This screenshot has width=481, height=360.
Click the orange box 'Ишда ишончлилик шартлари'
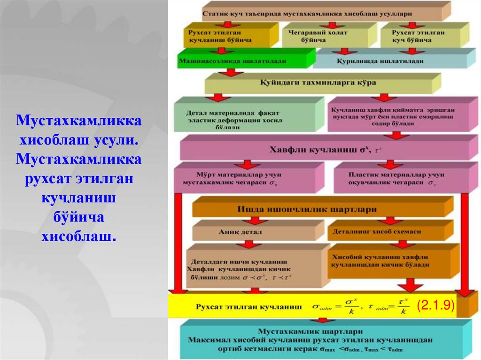319,209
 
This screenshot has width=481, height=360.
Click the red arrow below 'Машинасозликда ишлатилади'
230,73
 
